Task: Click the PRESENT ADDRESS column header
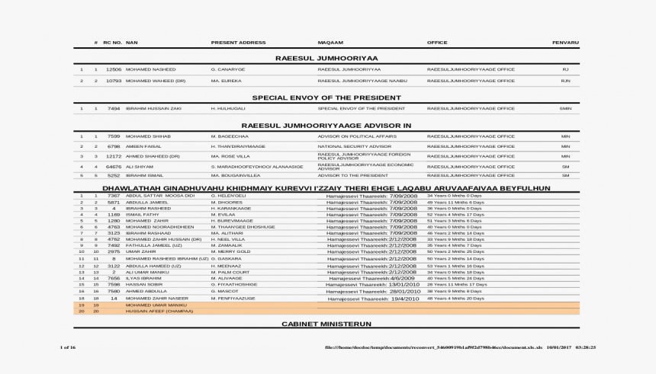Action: coord(238,42)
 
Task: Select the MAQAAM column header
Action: coord(330,42)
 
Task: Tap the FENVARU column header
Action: coord(565,42)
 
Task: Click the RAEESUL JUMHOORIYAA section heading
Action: coord(326,58)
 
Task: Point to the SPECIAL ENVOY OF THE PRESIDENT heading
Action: coord(326,97)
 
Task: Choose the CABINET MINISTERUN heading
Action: coord(326,324)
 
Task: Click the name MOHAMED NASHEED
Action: coord(150,69)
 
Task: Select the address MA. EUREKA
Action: coord(226,80)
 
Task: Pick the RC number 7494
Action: coord(114,108)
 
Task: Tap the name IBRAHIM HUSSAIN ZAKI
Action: coord(153,108)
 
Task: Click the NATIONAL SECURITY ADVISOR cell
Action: coord(354,145)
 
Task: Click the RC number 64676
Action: coord(114,165)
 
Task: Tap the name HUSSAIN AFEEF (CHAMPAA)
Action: coord(159,312)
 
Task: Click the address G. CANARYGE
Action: coord(227,69)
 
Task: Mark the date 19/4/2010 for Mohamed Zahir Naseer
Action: coord(404,299)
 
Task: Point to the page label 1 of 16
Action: coord(67,347)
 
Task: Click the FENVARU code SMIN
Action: coord(565,108)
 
